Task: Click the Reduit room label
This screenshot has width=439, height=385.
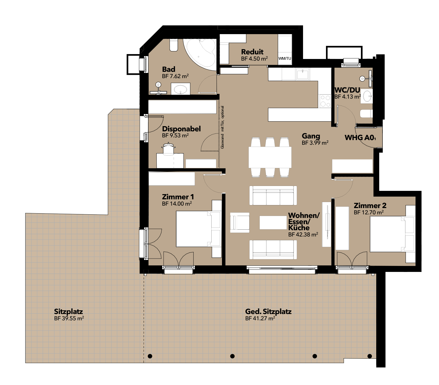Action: (x=252, y=52)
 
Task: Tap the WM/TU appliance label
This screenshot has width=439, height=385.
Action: (x=285, y=58)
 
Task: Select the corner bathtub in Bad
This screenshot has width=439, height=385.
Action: (x=201, y=52)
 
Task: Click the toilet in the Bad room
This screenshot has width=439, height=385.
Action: (x=174, y=45)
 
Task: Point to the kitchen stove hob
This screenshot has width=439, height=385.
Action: (x=325, y=101)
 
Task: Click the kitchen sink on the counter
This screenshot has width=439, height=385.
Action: (x=302, y=74)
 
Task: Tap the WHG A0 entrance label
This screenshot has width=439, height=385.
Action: (x=360, y=137)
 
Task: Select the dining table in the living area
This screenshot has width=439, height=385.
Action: (x=270, y=157)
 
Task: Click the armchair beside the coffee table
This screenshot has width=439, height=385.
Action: (x=240, y=223)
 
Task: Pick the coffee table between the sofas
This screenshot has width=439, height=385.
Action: (x=273, y=223)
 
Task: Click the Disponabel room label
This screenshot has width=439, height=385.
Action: (x=181, y=129)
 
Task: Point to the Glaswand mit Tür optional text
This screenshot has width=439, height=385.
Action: (x=222, y=127)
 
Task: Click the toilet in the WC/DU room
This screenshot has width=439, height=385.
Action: (x=366, y=114)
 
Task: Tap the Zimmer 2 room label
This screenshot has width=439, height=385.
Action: (x=370, y=205)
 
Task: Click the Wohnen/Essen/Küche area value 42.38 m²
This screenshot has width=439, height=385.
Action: (x=303, y=235)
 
